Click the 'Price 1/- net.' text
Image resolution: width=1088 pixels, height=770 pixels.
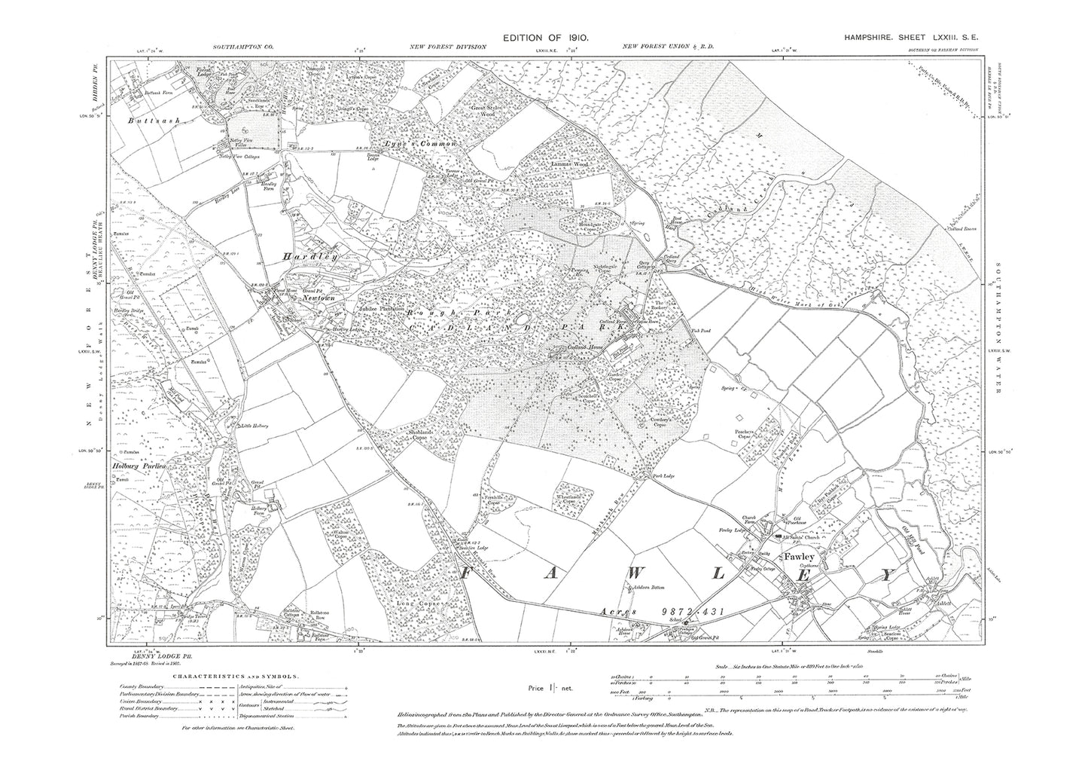pos(553,688)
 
